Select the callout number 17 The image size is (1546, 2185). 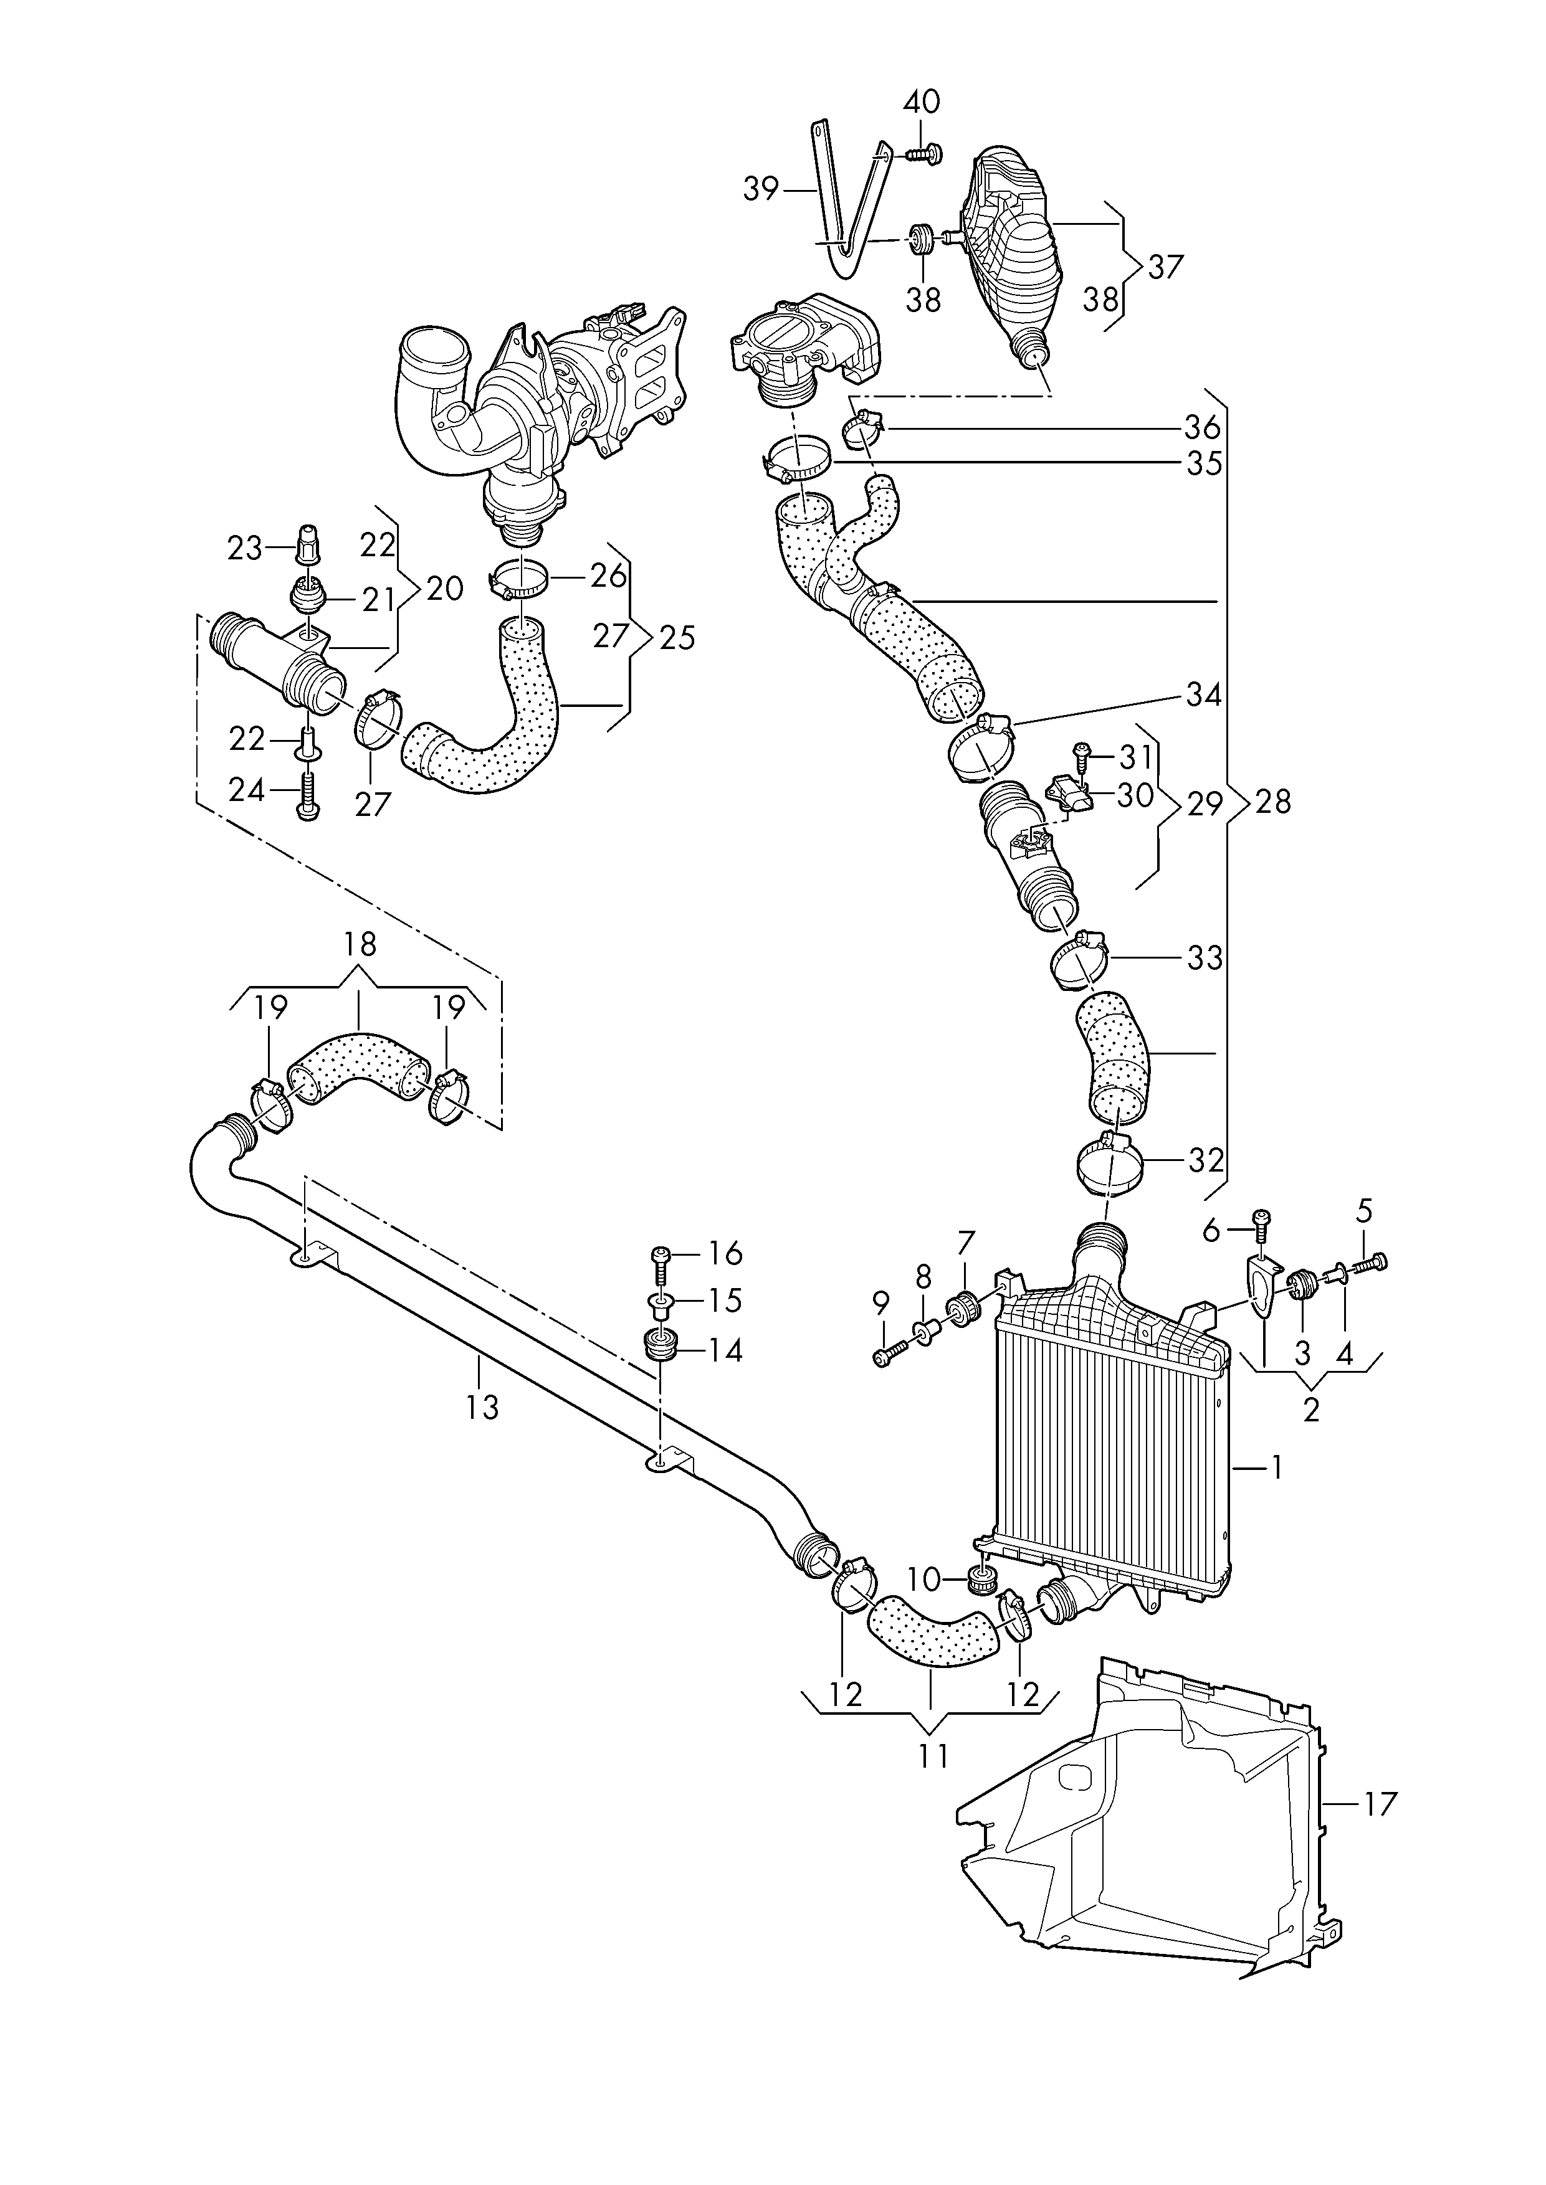(1380, 1803)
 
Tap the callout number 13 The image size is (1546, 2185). (483, 1406)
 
